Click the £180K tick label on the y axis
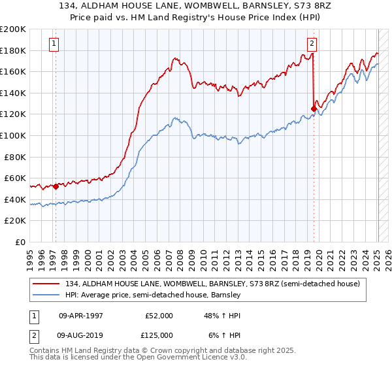tap(13, 50)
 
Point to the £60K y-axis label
tap(15, 178)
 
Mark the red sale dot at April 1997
tap(56, 186)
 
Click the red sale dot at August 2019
tap(314, 109)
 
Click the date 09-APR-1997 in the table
tap(80, 316)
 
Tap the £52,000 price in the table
tap(159, 316)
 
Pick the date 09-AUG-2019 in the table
tap(80, 335)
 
